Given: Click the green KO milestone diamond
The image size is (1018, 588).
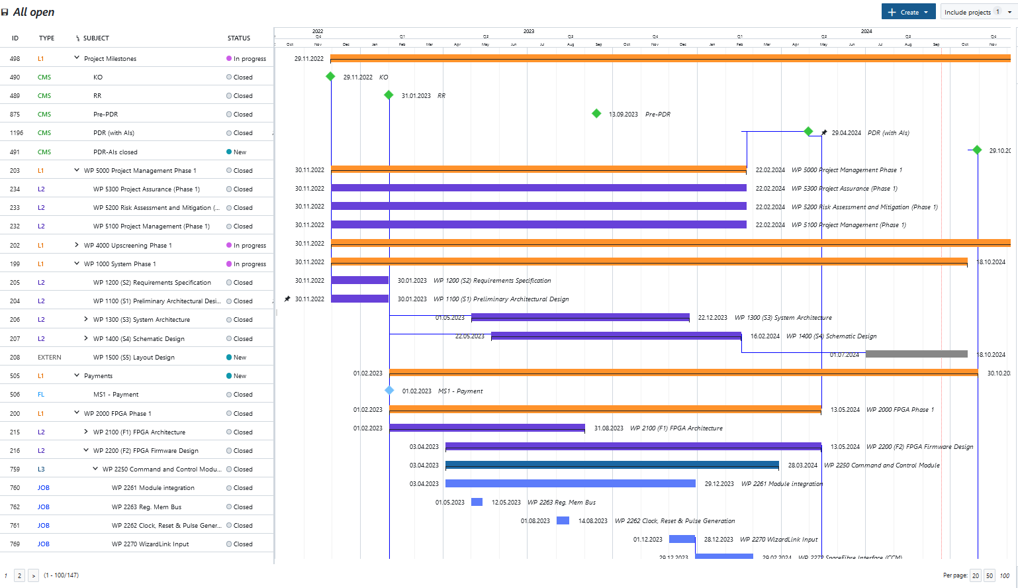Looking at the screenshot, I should pos(330,77).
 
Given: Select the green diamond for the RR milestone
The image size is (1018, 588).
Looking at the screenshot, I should pos(389,95).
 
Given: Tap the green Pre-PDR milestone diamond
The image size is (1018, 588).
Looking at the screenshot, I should pos(596,114).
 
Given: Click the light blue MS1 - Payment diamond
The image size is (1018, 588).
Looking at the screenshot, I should pos(389,391).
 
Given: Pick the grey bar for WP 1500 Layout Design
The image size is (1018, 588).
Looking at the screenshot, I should pos(916,354).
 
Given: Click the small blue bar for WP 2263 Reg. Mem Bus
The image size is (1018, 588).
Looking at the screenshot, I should pos(477,502).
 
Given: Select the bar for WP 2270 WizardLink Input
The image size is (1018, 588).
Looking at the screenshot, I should pos(682,539).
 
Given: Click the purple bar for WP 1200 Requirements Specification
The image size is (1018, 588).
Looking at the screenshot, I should pos(359,280).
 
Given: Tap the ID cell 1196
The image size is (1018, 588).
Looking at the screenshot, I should pos(17,133).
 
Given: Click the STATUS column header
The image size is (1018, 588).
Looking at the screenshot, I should pos(239,38).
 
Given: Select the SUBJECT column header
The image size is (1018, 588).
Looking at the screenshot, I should pos(96,38).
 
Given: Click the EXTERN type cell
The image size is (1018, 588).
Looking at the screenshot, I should pos(50,358).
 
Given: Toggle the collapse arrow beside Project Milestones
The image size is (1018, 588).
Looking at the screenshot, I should pos(77,58).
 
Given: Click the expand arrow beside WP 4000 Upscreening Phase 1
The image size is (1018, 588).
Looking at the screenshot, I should pos(77,245).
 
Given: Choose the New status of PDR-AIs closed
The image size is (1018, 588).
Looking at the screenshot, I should pos(239,152).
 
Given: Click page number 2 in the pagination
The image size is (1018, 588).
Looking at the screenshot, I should pos(20,575).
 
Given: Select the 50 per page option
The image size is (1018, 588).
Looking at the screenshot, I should pos(990,575).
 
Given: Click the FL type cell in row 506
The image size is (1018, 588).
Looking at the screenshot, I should pos(41,395).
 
